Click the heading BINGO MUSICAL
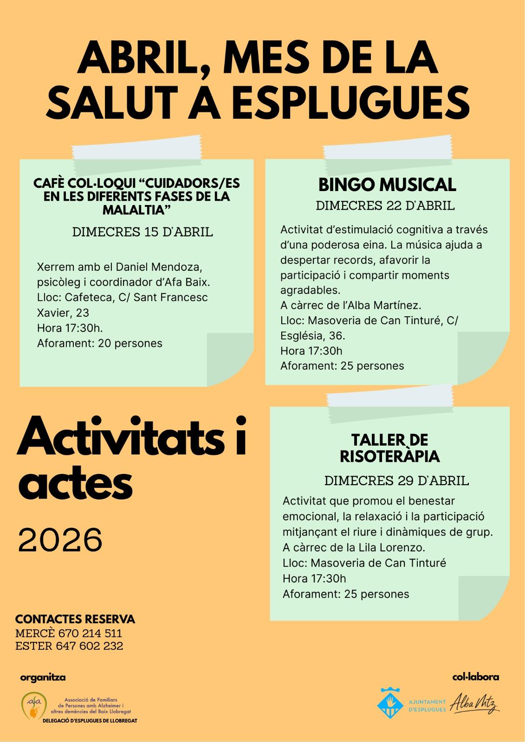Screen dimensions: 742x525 point(387,185)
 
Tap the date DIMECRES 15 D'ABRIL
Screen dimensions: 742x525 point(143,232)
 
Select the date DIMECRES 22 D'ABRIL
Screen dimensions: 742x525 point(385,206)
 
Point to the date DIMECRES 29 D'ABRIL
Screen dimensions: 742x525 point(396,480)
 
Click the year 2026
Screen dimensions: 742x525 point(60,539)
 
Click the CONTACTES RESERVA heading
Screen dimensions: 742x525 point(75,619)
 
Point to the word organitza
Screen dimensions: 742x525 point(43,677)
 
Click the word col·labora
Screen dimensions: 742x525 point(475,677)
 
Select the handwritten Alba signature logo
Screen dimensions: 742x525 point(474,702)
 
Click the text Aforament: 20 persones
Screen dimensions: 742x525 point(99,343)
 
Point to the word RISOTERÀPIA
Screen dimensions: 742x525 point(389,456)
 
